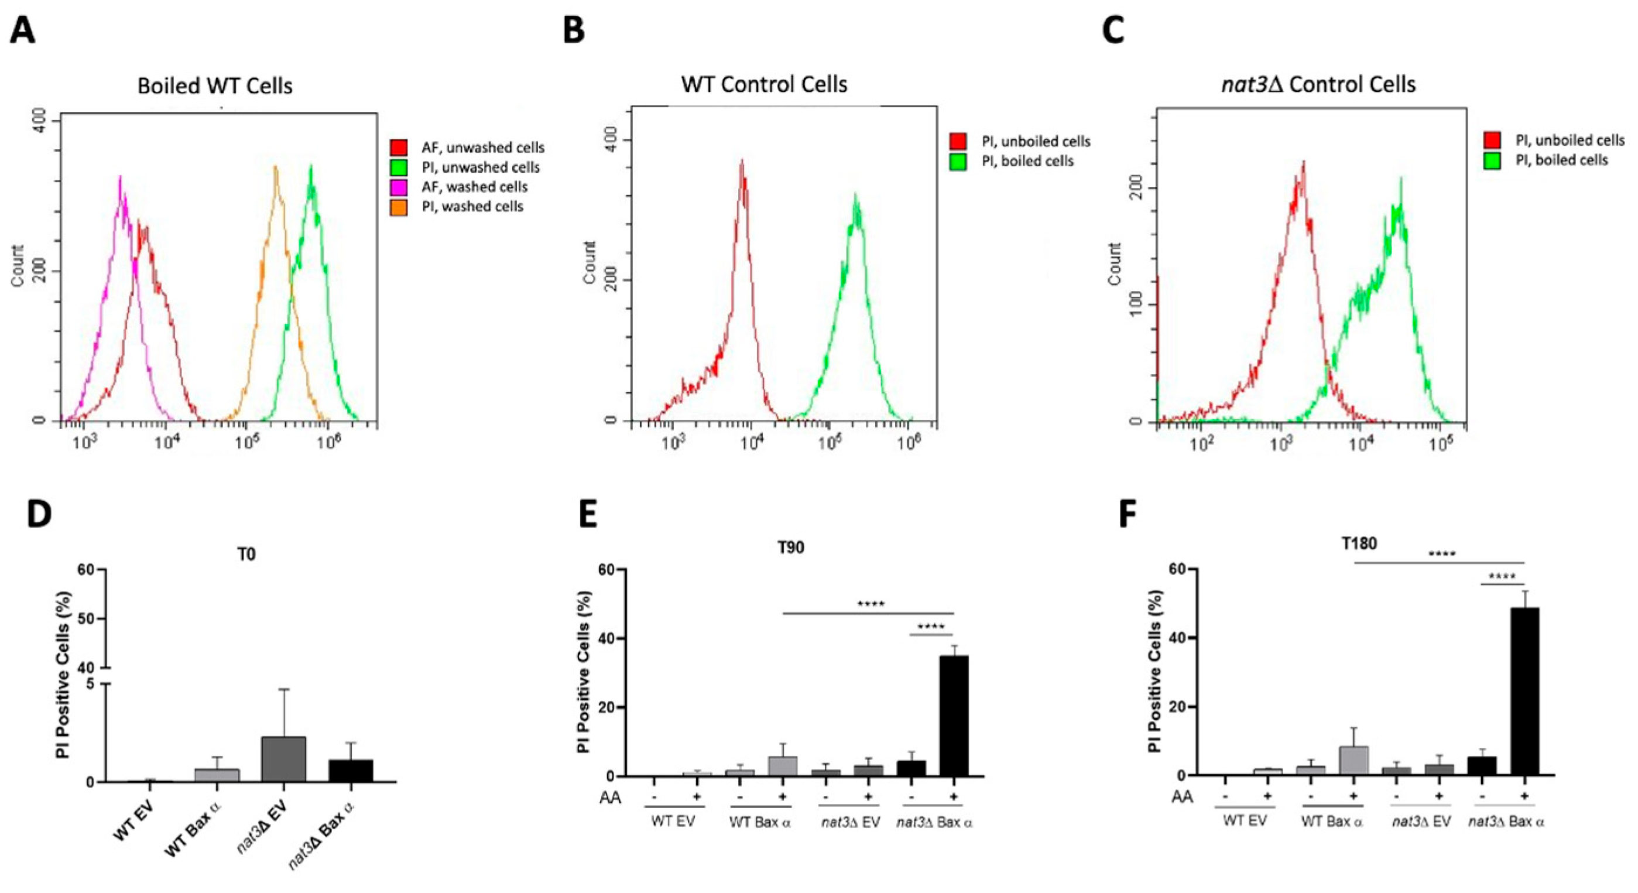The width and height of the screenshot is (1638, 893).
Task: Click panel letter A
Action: [x=22, y=30]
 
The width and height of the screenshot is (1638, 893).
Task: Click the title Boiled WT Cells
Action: [x=215, y=86]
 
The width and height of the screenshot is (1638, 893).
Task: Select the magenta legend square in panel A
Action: [x=399, y=187]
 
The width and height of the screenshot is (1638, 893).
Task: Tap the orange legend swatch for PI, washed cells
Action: [x=399, y=207]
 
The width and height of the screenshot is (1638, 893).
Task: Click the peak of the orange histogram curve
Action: [x=275, y=168]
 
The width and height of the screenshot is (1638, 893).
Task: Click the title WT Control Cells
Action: [x=765, y=84]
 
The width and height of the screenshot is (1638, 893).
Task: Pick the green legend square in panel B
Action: [x=958, y=162]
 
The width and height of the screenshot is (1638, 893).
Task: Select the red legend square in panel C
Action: [x=1492, y=141]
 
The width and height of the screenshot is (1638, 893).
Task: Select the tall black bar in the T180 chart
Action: [x=1524, y=691]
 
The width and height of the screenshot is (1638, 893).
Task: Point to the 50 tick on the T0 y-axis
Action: [x=87, y=619]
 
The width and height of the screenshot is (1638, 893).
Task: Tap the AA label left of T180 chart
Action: [x=1182, y=796]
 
